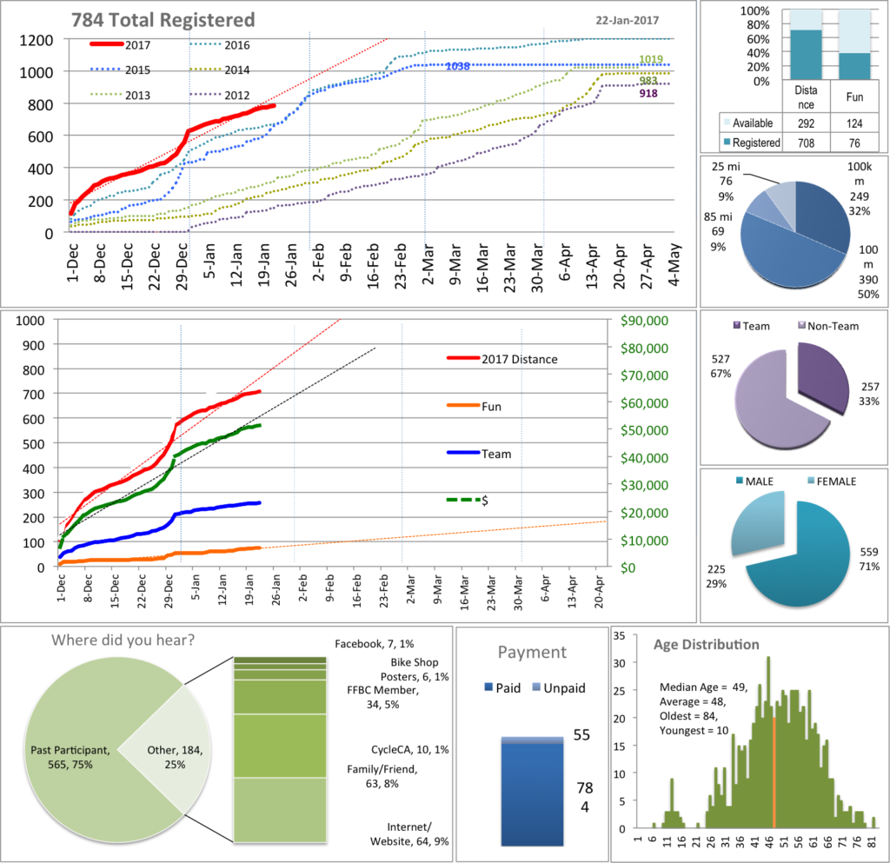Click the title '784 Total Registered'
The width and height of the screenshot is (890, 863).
163,19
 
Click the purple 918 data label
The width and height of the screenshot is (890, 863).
648,93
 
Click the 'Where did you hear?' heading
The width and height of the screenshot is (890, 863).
123,642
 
